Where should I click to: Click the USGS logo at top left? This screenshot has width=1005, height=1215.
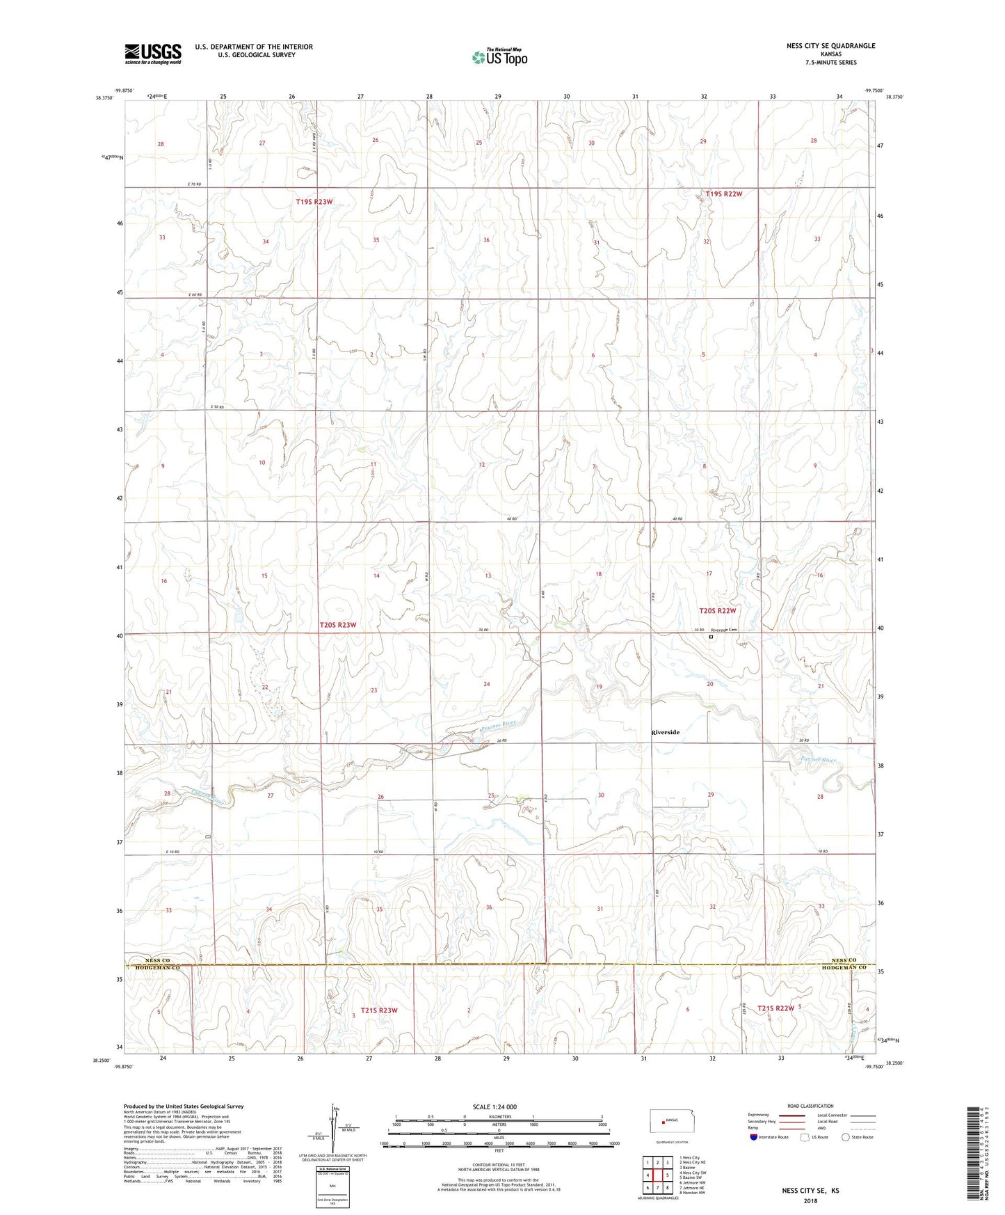(x=153, y=54)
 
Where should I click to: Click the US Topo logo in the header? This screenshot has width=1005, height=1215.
(x=499, y=57)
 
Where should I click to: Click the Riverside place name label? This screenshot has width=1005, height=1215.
(x=665, y=732)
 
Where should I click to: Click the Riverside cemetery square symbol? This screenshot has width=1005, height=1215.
(x=711, y=636)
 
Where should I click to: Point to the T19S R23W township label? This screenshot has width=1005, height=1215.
(x=314, y=202)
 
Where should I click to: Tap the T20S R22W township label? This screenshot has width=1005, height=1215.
(x=717, y=610)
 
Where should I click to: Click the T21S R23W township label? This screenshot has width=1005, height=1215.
(x=379, y=1010)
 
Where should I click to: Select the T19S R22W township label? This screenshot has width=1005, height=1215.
(x=723, y=194)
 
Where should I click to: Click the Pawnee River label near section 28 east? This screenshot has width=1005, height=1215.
(x=818, y=760)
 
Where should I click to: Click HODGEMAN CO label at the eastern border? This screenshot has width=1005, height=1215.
(x=844, y=968)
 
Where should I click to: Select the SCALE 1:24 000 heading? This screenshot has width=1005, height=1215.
(x=495, y=1106)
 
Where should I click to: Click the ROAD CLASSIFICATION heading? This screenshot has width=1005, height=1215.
(x=810, y=1106)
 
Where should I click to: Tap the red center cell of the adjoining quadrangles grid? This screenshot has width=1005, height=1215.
(x=657, y=1175)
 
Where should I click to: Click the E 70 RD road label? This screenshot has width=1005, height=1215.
(x=194, y=184)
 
